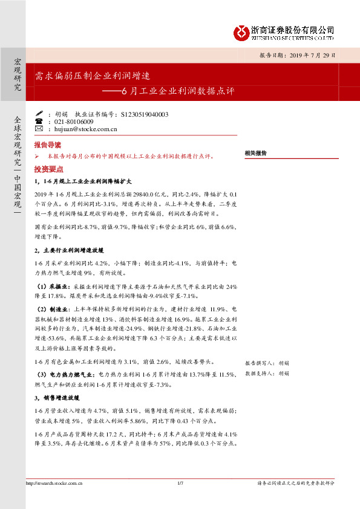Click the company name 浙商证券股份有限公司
pyautogui.click(x=292, y=29)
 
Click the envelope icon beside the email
pyautogui.click(x=39, y=129)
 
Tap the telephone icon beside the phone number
pyautogui.click(x=39, y=121)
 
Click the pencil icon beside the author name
pyautogui.click(x=39, y=113)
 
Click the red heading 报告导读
pyautogui.click(x=48, y=146)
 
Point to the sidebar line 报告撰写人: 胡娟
pyautogui.click(x=267, y=363)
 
